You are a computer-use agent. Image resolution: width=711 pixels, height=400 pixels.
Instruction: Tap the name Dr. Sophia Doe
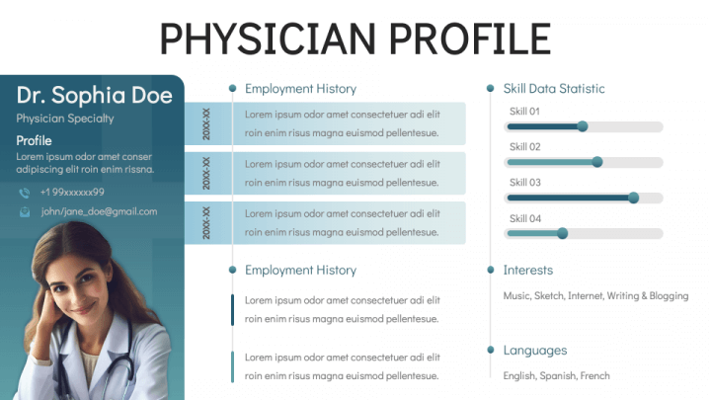94,95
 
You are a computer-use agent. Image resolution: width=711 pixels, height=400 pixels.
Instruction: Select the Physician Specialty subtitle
65,119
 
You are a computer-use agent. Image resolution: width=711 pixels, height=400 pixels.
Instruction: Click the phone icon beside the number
25,193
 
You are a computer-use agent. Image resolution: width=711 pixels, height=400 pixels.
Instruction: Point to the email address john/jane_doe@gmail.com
99,211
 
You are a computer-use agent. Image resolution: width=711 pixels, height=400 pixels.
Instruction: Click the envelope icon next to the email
25,211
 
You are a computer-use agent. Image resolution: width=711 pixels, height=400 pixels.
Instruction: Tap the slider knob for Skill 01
583,126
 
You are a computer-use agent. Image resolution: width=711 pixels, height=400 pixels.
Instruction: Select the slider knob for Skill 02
597,162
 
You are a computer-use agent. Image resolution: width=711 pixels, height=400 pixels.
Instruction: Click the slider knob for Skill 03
633,198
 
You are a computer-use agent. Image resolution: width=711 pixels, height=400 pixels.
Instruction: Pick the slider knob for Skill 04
563,233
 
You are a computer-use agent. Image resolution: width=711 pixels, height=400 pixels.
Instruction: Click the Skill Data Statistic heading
554,89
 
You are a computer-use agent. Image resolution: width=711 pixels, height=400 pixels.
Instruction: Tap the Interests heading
528,270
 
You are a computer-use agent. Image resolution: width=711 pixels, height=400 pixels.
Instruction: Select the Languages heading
535,350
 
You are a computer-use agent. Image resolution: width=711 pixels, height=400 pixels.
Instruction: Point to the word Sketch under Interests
549,295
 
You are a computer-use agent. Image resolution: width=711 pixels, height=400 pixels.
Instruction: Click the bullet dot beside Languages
490,350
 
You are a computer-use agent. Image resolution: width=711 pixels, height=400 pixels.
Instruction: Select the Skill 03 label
525,183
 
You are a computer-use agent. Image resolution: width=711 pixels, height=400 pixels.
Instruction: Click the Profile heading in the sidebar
35,140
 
